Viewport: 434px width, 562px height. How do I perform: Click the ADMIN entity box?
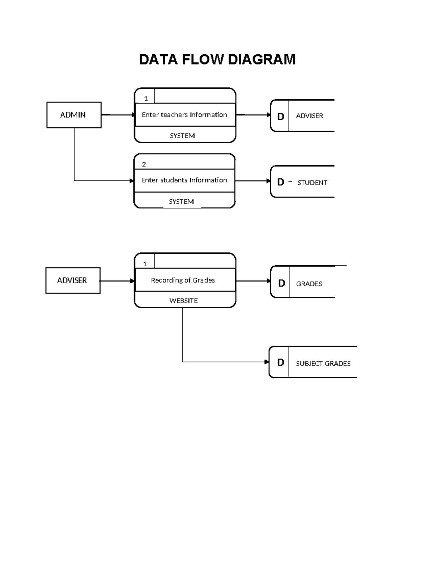click(x=74, y=115)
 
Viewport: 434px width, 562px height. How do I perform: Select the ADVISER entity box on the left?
click(x=73, y=280)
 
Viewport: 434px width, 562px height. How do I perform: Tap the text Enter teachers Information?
click(x=184, y=115)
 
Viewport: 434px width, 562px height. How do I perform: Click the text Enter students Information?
click(x=184, y=180)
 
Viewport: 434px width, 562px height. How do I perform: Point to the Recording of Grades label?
click(x=183, y=280)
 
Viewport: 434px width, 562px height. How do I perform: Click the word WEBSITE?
click(x=184, y=301)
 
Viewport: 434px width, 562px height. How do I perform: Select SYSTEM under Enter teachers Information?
click(x=182, y=136)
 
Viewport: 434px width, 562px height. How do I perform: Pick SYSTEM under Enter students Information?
click(x=181, y=202)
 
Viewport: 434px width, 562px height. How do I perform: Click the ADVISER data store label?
click(x=310, y=116)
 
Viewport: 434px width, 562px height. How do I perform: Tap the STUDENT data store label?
click(x=312, y=183)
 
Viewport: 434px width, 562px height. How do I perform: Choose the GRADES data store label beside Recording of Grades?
click(x=309, y=284)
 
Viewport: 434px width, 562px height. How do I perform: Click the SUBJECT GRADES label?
click(x=323, y=363)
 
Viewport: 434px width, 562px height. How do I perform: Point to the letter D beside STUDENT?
click(x=281, y=182)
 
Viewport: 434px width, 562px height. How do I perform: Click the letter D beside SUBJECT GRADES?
click(x=281, y=363)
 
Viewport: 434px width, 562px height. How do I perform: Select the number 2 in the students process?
click(x=144, y=164)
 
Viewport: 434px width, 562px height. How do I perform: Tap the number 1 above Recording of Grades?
click(x=145, y=264)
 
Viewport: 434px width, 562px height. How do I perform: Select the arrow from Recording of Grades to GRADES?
click(x=253, y=281)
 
